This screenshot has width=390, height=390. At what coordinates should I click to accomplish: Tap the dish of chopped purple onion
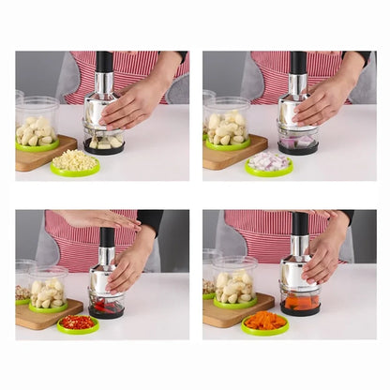point(269,162)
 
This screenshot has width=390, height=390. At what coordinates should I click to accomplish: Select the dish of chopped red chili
point(78,322)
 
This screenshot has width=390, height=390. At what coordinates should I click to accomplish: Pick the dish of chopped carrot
point(265,322)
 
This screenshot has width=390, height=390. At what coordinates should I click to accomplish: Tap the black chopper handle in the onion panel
point(298,63)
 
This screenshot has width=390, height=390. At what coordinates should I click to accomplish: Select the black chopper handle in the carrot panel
point(300,224)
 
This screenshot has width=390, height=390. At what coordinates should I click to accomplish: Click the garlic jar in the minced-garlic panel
point(37,123)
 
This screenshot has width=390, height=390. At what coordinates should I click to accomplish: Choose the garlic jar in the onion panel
point(228,123)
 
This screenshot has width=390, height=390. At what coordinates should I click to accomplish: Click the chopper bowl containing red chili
point(104,306)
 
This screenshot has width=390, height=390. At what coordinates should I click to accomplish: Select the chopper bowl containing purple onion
point(298,143)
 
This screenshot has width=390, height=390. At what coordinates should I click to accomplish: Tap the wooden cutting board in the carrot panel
point(225,315)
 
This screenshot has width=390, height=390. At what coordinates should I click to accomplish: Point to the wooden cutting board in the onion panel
point(225,157)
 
